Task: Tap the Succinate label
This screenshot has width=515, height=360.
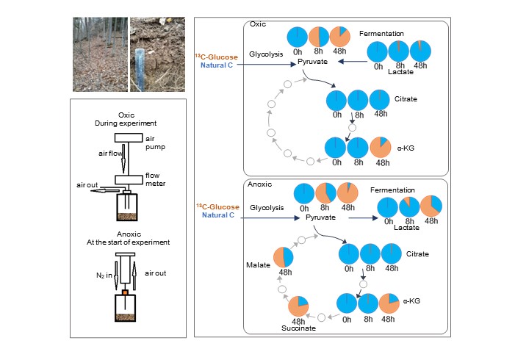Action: [298, 328]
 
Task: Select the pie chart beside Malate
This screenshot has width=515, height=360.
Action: [284, 257]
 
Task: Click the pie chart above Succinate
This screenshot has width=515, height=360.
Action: [299, 306]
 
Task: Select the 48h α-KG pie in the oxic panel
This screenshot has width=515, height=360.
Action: [381, 147]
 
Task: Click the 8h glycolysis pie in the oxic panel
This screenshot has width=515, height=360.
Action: [319, 37]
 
